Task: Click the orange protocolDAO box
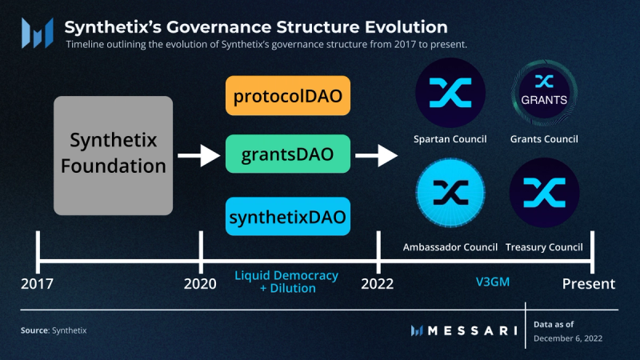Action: [288, 96]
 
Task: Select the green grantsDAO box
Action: [288, 154]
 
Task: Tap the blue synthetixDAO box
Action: [288, 216]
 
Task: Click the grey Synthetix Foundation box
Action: [114, 155]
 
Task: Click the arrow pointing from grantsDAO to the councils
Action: [377, 154]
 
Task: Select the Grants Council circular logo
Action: [544, 93]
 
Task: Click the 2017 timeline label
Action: [38, 283]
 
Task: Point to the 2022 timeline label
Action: [377, 283]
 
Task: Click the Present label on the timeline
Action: [588, 283]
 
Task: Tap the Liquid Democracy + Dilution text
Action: [286, 282]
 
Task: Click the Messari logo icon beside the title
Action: [37, 33]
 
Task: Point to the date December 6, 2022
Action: [568, 338]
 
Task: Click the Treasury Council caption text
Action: [544, 246]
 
